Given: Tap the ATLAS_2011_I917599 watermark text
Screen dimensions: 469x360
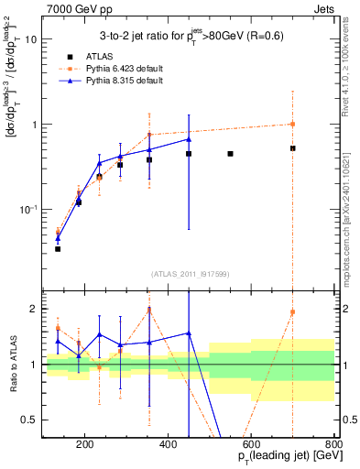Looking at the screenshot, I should [x=188, y=274].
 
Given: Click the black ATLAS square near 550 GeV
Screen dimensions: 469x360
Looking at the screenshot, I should [x=230, y=154].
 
